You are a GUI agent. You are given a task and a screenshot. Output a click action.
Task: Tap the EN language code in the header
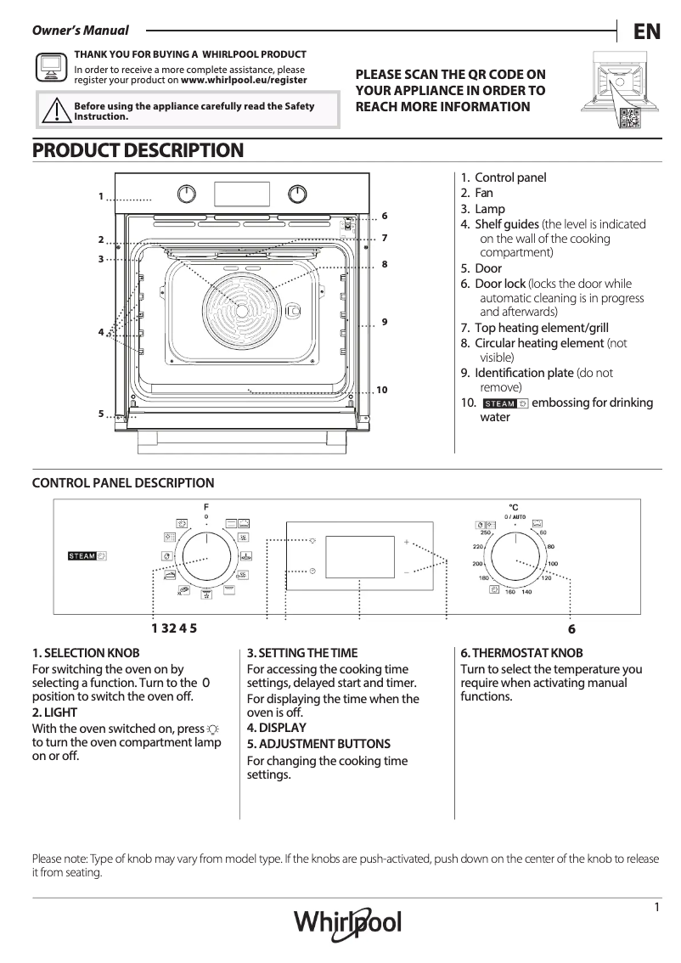coord(647,31)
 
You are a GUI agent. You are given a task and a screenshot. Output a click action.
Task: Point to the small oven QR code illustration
coord(629,120)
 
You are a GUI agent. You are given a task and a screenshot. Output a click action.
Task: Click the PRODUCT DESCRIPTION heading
coord(138,150)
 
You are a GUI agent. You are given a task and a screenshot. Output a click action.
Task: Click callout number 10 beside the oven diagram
coord(381,390)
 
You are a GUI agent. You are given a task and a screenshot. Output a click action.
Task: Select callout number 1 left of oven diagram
coord(100,196)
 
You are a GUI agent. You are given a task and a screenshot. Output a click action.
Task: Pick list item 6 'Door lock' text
coord(500,284)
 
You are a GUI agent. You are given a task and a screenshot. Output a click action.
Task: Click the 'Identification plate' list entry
coord(524,373)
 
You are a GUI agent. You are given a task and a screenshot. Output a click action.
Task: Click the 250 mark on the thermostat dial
coord(487,532)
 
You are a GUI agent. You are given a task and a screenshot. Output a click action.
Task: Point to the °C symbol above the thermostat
coord(513,506)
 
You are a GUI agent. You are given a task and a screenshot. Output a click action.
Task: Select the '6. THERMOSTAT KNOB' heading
coord(521,653)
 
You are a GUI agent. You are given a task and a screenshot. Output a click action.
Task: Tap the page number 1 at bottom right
coord(657,907)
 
